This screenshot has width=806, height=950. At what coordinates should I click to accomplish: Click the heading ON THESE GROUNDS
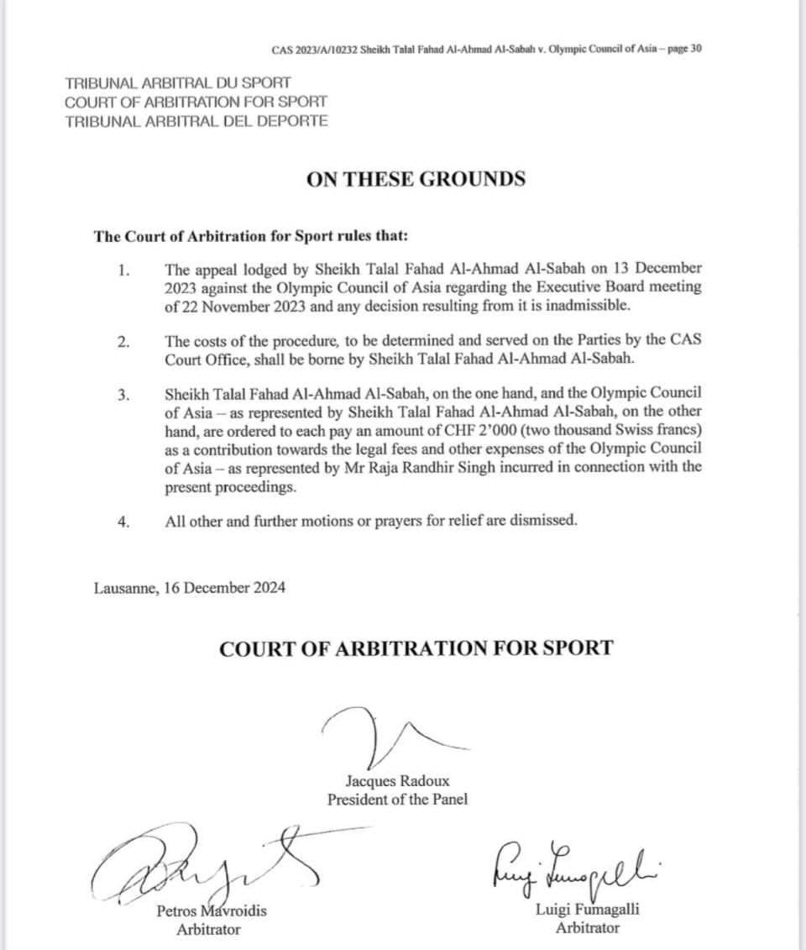pos(416,179)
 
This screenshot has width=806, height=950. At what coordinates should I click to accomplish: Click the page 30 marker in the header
pos(684,48)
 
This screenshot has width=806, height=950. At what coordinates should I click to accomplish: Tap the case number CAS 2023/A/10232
pos(314,48)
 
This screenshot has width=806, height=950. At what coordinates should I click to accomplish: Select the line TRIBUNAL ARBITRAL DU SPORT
pos(178,83)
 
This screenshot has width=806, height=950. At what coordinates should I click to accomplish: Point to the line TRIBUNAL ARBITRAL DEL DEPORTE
pos(196,120)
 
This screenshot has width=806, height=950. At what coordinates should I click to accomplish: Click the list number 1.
pos(124,270)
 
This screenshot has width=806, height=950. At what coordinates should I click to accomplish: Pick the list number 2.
pos(124,342)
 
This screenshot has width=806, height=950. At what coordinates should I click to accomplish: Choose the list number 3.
pos(124,396)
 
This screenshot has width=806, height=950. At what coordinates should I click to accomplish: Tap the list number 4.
pos(124,522)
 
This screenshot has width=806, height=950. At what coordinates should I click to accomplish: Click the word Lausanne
pos(125,588)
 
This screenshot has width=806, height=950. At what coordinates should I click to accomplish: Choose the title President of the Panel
pos(397,799)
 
